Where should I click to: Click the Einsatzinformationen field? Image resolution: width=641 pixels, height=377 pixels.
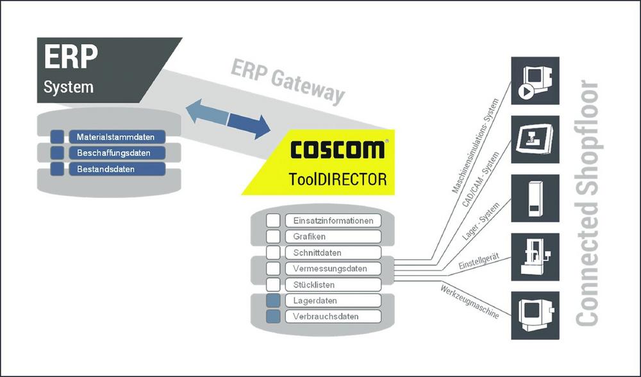click(333, 221)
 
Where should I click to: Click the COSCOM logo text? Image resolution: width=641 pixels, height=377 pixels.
click(337, 149)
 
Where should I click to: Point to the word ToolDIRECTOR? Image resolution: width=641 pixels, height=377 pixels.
click(337, 179)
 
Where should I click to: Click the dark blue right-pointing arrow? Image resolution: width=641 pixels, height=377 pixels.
click(249, 123)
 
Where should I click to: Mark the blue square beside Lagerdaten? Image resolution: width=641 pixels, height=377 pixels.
click(274, 301)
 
